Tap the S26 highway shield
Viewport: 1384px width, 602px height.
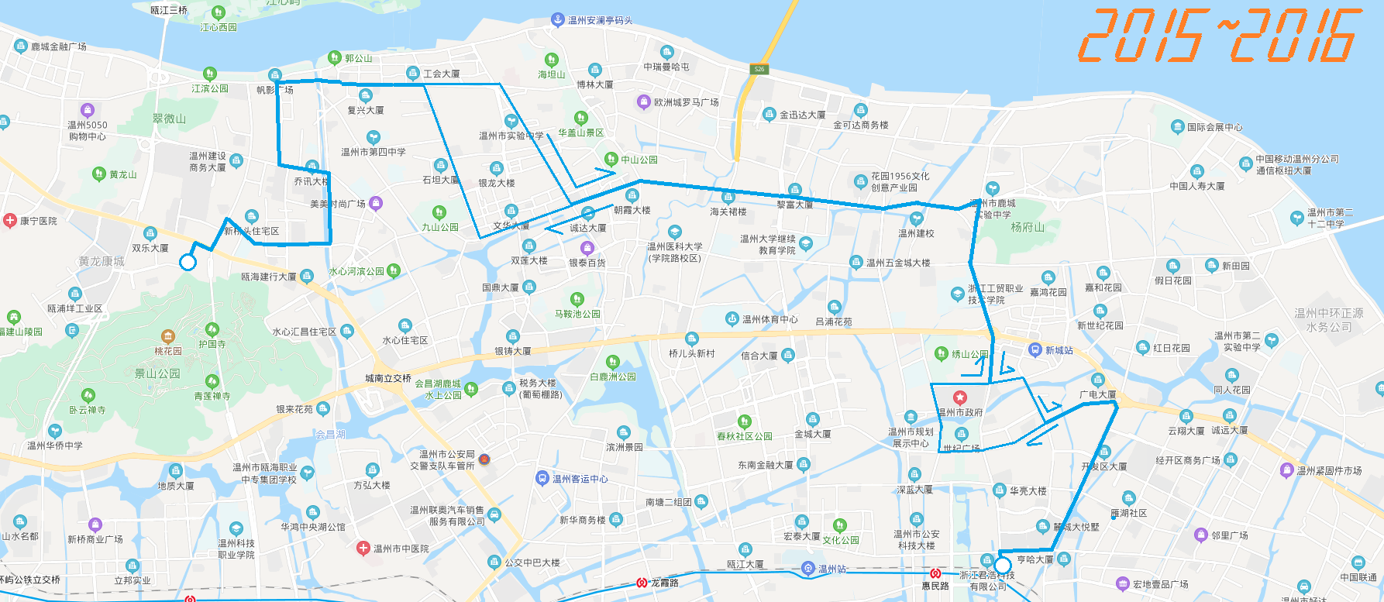[x=759, y=69]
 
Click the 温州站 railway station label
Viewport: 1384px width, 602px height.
[x=832, y=569]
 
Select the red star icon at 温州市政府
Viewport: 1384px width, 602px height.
[x=959, y=398]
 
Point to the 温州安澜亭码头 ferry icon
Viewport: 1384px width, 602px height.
[x=556, y=19]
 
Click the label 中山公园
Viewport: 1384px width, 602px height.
[x=639, y=160]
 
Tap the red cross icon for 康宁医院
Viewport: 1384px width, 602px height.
[x=10, y=221]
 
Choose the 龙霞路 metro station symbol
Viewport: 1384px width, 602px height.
[x=642, y=583]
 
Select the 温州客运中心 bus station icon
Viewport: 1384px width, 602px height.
[x=542, y=478]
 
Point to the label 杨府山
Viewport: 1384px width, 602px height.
[x=1028, y=227]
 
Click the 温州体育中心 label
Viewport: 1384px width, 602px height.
[x=769, y=319]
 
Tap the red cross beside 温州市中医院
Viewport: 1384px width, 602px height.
[x=363, y=549]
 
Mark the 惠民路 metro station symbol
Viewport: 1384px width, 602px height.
[x=935, y=574]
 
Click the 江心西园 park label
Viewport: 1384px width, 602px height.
[x=219, y=27]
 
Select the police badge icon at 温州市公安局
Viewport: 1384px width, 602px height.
[x=484, y=459]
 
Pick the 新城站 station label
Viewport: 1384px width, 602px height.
[x=1059, y=350]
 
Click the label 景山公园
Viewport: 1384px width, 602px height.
[x=157, y=373]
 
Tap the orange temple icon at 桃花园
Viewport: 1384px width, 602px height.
[x=167, y=336]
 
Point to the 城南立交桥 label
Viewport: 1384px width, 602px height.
[x=388, y=378]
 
